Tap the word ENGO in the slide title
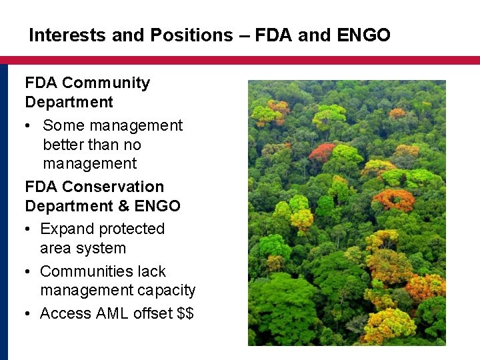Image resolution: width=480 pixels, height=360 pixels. coord(363,35)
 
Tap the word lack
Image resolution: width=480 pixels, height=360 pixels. coord(150,271)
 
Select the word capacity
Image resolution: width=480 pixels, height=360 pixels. coord(167,291)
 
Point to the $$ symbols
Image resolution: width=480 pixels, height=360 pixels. coord(185,313)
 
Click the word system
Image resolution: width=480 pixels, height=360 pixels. coord(101,249)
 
